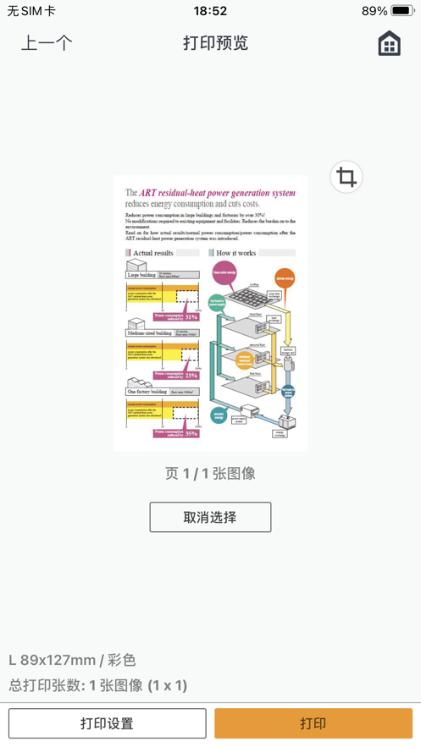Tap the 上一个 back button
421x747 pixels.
click(47, 43)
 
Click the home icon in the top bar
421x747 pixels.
click(389, 43)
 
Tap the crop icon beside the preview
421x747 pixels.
click(346, 177)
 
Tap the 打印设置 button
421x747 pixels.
click(108, 723)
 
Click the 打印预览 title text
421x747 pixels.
click(215, 43)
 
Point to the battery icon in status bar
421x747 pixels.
click(402, 11)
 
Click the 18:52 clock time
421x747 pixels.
click(210, 11)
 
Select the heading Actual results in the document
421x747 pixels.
click(152, 252)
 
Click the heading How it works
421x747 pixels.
click(235, 252)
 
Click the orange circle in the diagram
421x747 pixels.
click(285, 277)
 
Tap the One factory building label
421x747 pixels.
click(147, 392)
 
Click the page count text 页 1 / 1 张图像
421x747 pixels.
click(210, 474)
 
